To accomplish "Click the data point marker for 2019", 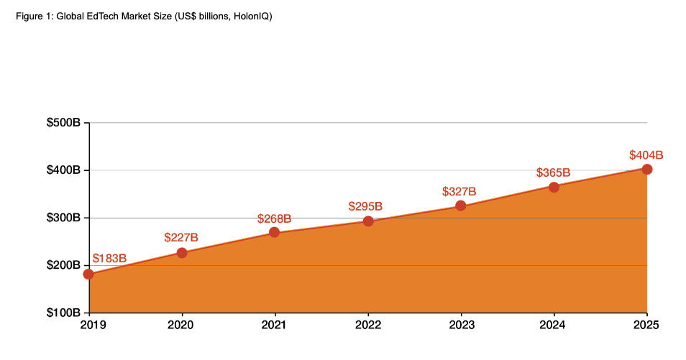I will tap(88, 274).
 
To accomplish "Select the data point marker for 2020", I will tap(182, 253).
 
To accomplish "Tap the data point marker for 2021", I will tap(274, 232).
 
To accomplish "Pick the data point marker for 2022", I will tap(368, 221).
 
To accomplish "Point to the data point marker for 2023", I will tap(461, 206).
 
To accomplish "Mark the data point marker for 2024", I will tap(554, 188).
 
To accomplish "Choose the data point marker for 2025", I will tap(647, 170).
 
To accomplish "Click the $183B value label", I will tap(110, 259).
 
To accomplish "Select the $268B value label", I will tap(274, 218).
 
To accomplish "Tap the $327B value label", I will tap(459, 192).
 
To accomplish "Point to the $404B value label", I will tap(646, 154).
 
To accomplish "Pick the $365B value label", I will tap(553, 172).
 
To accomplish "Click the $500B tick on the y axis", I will tap(63, 123).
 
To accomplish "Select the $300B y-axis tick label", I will tap(63, 218).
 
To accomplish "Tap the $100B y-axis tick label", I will tap(63, 313).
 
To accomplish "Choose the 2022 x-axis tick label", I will tap(368, 326).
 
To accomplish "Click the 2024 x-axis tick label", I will tap(554, 326).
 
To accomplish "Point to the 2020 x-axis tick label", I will tap(182, 326).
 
